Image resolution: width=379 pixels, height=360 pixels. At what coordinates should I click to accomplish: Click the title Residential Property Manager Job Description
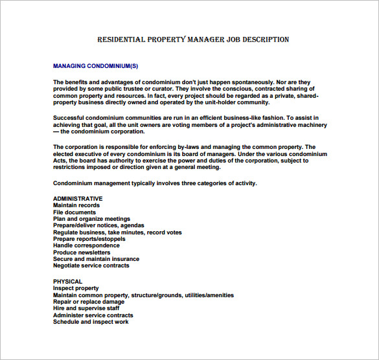(x=192, y=40)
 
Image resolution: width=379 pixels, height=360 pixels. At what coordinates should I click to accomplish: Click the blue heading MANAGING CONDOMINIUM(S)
(x=95, y=66)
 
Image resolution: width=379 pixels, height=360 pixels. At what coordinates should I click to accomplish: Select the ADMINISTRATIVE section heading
(x=78, y=199)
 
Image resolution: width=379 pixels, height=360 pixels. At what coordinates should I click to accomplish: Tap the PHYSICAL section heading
(x=67, y=282)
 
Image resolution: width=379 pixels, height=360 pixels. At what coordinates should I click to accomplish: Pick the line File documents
(x=75, y=212)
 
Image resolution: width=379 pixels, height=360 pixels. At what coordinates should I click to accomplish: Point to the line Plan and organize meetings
(x=91, y=219)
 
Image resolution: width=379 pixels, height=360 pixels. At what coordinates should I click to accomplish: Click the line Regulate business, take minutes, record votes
(x=117, y=232)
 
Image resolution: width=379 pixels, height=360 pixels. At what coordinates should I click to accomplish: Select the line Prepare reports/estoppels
(x=89, y=239)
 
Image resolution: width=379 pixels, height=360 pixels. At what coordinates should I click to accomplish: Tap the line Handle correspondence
(x=86, y=245)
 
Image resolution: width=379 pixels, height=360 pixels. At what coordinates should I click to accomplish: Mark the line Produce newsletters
(x=82, y=253)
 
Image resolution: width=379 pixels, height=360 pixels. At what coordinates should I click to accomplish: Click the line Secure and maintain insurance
(x=96, y=259)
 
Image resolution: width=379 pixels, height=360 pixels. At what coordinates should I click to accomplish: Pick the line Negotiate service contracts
(x=91, y=265)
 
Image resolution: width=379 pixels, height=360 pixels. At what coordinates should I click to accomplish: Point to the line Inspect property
(x=76, y=288)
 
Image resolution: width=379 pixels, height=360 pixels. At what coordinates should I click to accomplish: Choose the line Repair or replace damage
(x=89, y=302)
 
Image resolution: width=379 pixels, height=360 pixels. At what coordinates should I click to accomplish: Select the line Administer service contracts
(x=93, y=315)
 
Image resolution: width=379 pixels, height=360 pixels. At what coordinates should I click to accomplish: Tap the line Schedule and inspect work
(x=91, y=322)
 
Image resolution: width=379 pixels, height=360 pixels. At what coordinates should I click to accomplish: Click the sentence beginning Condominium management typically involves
(x=155, y=183)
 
